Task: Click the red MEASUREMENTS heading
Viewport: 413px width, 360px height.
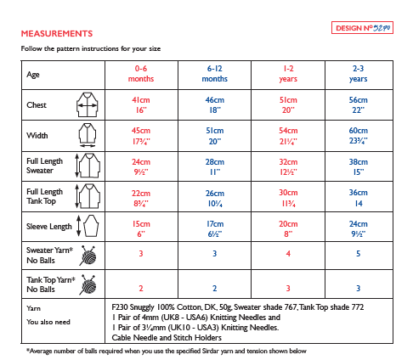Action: click(x=57, y=33)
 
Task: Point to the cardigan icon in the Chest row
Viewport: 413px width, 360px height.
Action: click(x=88, y=105)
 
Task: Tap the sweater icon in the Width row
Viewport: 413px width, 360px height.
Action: click(x=88, y=133)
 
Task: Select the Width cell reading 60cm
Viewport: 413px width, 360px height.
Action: click(x=358, y=134)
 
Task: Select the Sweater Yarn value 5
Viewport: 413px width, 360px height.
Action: click(x=358, y=254)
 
